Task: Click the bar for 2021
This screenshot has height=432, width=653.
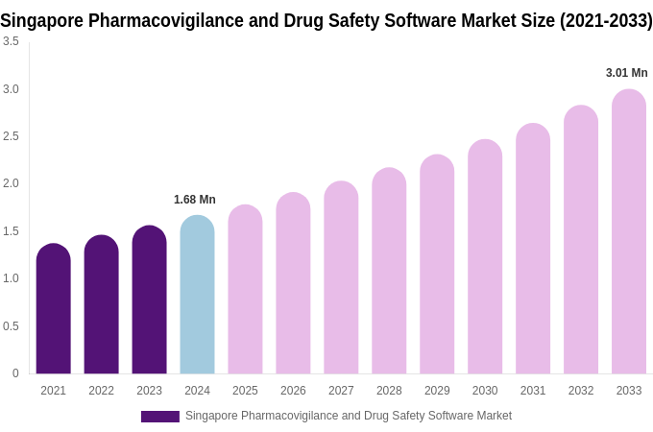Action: pyautogui.click(x=53, y=309)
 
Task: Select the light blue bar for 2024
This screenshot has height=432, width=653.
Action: pyautogui.click(x=197, y=295)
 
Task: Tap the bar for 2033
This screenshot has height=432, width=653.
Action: pyautogui.click(x=629, y=231)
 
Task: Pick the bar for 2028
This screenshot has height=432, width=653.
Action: pyautogui.click(x=389, y=271)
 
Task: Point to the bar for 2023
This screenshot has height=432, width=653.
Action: pyautogui.click(x=149, y=300)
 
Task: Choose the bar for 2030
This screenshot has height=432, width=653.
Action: pyautogui.click(x=485, y=256)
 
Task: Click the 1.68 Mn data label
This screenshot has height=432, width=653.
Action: pyautogui.click(x=195, y=200)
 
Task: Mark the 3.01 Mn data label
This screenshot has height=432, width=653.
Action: pyautogui.click(x=626, y=73)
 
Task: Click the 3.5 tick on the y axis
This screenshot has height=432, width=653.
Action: pyautogui.click(x=11, y=41)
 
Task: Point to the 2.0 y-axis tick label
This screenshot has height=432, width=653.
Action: pyautogui.click(x=11, y=183)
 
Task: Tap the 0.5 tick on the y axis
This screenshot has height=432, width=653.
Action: pyautogui.click(x=11, y=326)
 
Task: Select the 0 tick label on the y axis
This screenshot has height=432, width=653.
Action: pyautogui.click(x=15, y=373)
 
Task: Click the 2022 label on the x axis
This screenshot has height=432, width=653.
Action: pyautogui.click(x=101, y=391)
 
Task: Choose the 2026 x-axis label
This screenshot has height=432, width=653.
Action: pyautogui.click(x=293, y=391)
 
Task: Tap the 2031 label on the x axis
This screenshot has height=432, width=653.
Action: pyautogui.click(x=533, y=391)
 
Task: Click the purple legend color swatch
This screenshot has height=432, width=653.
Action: pyautogui.click(x=159, y=417)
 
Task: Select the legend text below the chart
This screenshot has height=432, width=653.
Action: pyautogui.click(x=348, y=416)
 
